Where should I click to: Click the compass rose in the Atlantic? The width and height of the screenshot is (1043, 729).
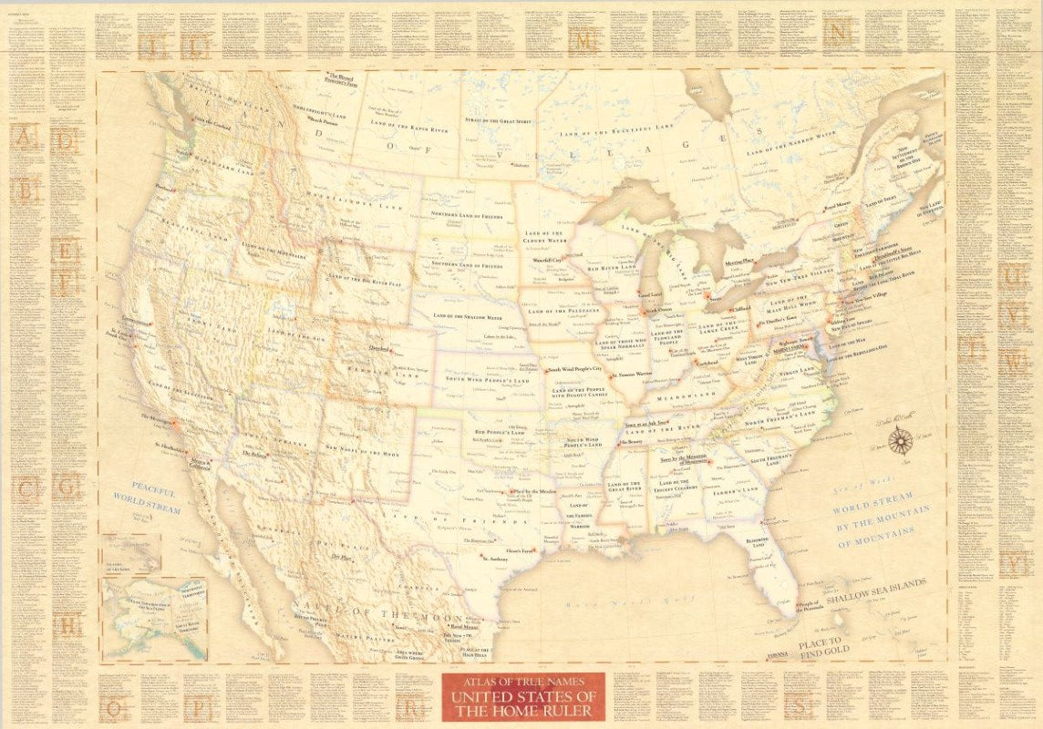point(901,441)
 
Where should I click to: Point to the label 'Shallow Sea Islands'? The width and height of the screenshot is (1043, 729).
point(876,591)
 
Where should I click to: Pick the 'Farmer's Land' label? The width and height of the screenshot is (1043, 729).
point(734,489)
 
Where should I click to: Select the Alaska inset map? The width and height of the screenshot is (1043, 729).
point(155,614)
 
